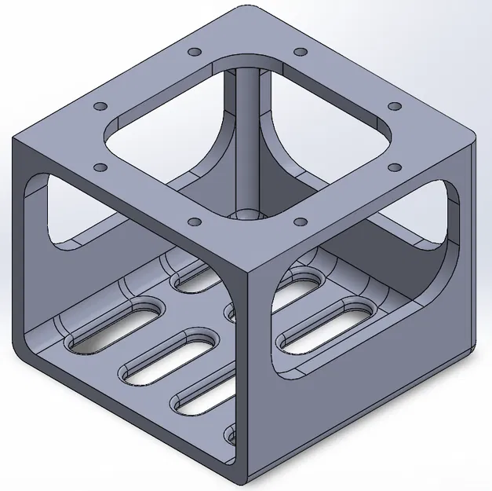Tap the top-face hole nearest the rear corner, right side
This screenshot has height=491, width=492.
(300, 53)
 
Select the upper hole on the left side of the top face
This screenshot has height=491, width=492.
(99, 106)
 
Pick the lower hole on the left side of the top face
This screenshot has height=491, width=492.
(100, 167)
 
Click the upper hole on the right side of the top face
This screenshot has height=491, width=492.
(395, 106)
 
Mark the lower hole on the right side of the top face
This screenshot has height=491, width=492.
(394, 167)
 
